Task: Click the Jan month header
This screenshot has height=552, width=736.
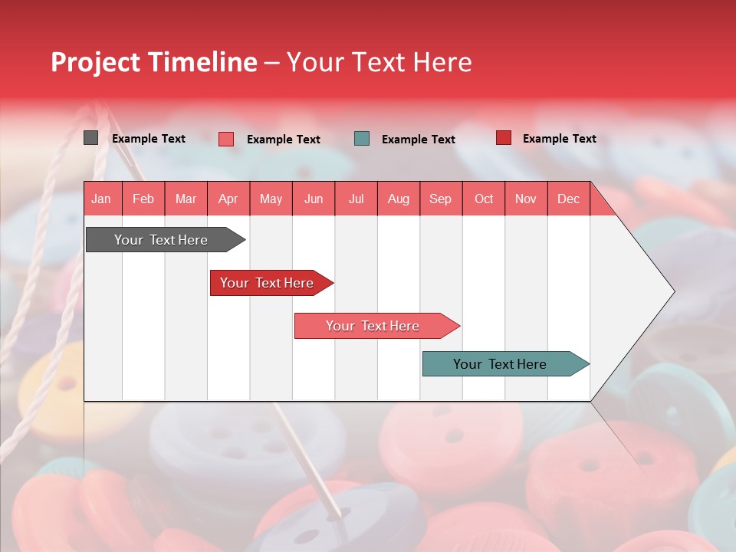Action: (x=102, y=199)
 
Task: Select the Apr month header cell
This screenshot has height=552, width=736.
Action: (x=228, y=199)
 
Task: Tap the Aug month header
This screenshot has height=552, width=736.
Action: (x=399, y=199)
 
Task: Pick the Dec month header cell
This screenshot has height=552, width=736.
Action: (x=569, y=199)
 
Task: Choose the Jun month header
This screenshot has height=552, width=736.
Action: (x=314, y=199)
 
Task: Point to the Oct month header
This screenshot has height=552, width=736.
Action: (x=484, y=199)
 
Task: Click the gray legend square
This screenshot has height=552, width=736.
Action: (x=90, y=138)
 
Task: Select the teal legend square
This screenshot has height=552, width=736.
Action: (x=362, y=138)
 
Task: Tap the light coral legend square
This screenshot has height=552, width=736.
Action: (x=226, y=139)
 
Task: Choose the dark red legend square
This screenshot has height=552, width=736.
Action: (x=504, y=138)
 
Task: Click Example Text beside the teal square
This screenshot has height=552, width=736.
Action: (x=418, y=140)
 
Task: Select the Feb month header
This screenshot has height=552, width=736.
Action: (x=143, y=199)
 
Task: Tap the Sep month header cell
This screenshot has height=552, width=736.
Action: (x=441, y=199)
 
